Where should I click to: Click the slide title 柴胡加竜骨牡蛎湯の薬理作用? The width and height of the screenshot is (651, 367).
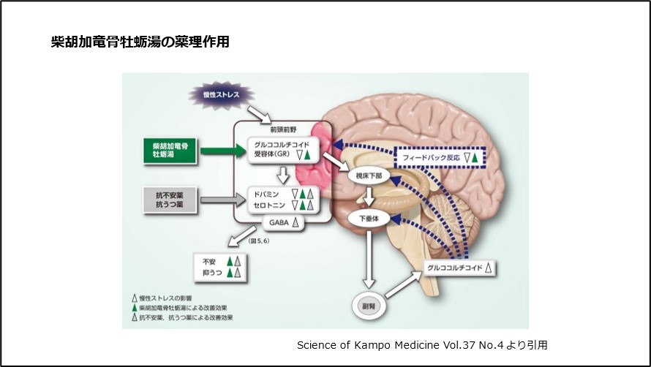140,42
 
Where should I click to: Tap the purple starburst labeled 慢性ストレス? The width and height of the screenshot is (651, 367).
219,95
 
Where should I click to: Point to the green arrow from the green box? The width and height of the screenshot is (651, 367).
221,151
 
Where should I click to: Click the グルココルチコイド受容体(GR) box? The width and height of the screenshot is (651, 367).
282,149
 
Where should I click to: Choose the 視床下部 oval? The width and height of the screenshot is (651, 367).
369,175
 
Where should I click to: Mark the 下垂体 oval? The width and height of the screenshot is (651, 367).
369,219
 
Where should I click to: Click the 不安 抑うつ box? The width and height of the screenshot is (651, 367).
219,266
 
